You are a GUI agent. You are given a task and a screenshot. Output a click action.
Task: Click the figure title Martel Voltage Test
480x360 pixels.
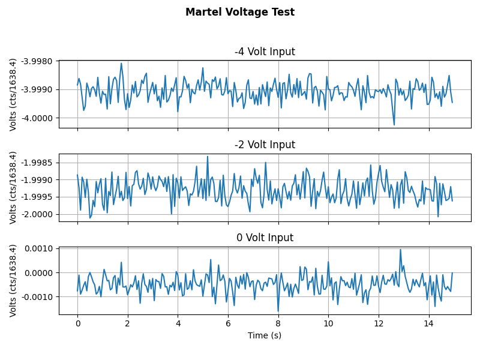[240, 12]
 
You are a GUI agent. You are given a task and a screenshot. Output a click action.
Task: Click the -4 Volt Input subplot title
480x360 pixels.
[265, 52]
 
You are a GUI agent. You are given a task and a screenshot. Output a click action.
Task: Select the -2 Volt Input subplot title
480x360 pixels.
[265, 145]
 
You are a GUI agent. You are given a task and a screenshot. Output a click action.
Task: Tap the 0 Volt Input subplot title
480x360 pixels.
[265, 238]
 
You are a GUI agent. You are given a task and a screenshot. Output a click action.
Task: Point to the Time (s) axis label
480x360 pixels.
[265, 335]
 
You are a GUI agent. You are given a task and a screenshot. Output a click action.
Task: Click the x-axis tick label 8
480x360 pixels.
[278, 323]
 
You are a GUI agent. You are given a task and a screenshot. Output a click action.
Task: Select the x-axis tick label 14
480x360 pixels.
[428, 323]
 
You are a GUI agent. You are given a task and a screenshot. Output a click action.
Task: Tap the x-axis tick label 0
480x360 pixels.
[77, 323]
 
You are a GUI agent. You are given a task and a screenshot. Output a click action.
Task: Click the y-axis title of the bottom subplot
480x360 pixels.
[13, 280]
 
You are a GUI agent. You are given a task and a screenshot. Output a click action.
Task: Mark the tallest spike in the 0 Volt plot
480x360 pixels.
[400, 250]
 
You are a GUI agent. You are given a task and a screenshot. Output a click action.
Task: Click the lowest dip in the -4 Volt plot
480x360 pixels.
[394, 124]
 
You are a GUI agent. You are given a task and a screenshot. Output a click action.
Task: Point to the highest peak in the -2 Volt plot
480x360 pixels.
[208, 157]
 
